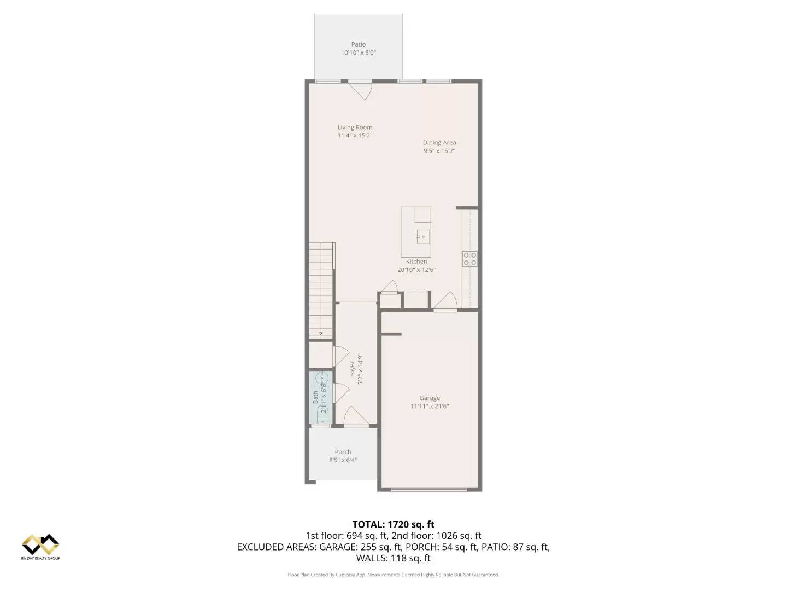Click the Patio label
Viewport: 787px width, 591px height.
click(x=359, y=44)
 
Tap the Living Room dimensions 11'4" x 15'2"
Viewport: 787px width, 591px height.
click(x=355, y=135)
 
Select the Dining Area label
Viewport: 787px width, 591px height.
click(x=439, y=143)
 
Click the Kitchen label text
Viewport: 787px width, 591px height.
click(x=416, y=262)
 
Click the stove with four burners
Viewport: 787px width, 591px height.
click(x=469, y=259)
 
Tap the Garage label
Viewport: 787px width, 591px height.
click(x=430, y=398)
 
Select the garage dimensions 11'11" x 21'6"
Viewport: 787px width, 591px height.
click(x=430, y=407)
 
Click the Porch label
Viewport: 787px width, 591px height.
click(x=343, y=452)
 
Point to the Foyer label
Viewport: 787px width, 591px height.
click(x=353, y=368)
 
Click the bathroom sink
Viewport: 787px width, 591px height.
click(x=322, y=378)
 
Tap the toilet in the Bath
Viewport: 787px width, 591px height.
click(x=321, y=419)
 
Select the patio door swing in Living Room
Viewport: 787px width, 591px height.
click(x=361, y=90)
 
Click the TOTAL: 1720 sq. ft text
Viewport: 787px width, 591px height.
click(x=393, y=524)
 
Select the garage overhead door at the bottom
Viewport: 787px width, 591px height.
click(x=429, y=490)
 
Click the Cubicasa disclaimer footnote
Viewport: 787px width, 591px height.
click(x=393, y=575)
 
